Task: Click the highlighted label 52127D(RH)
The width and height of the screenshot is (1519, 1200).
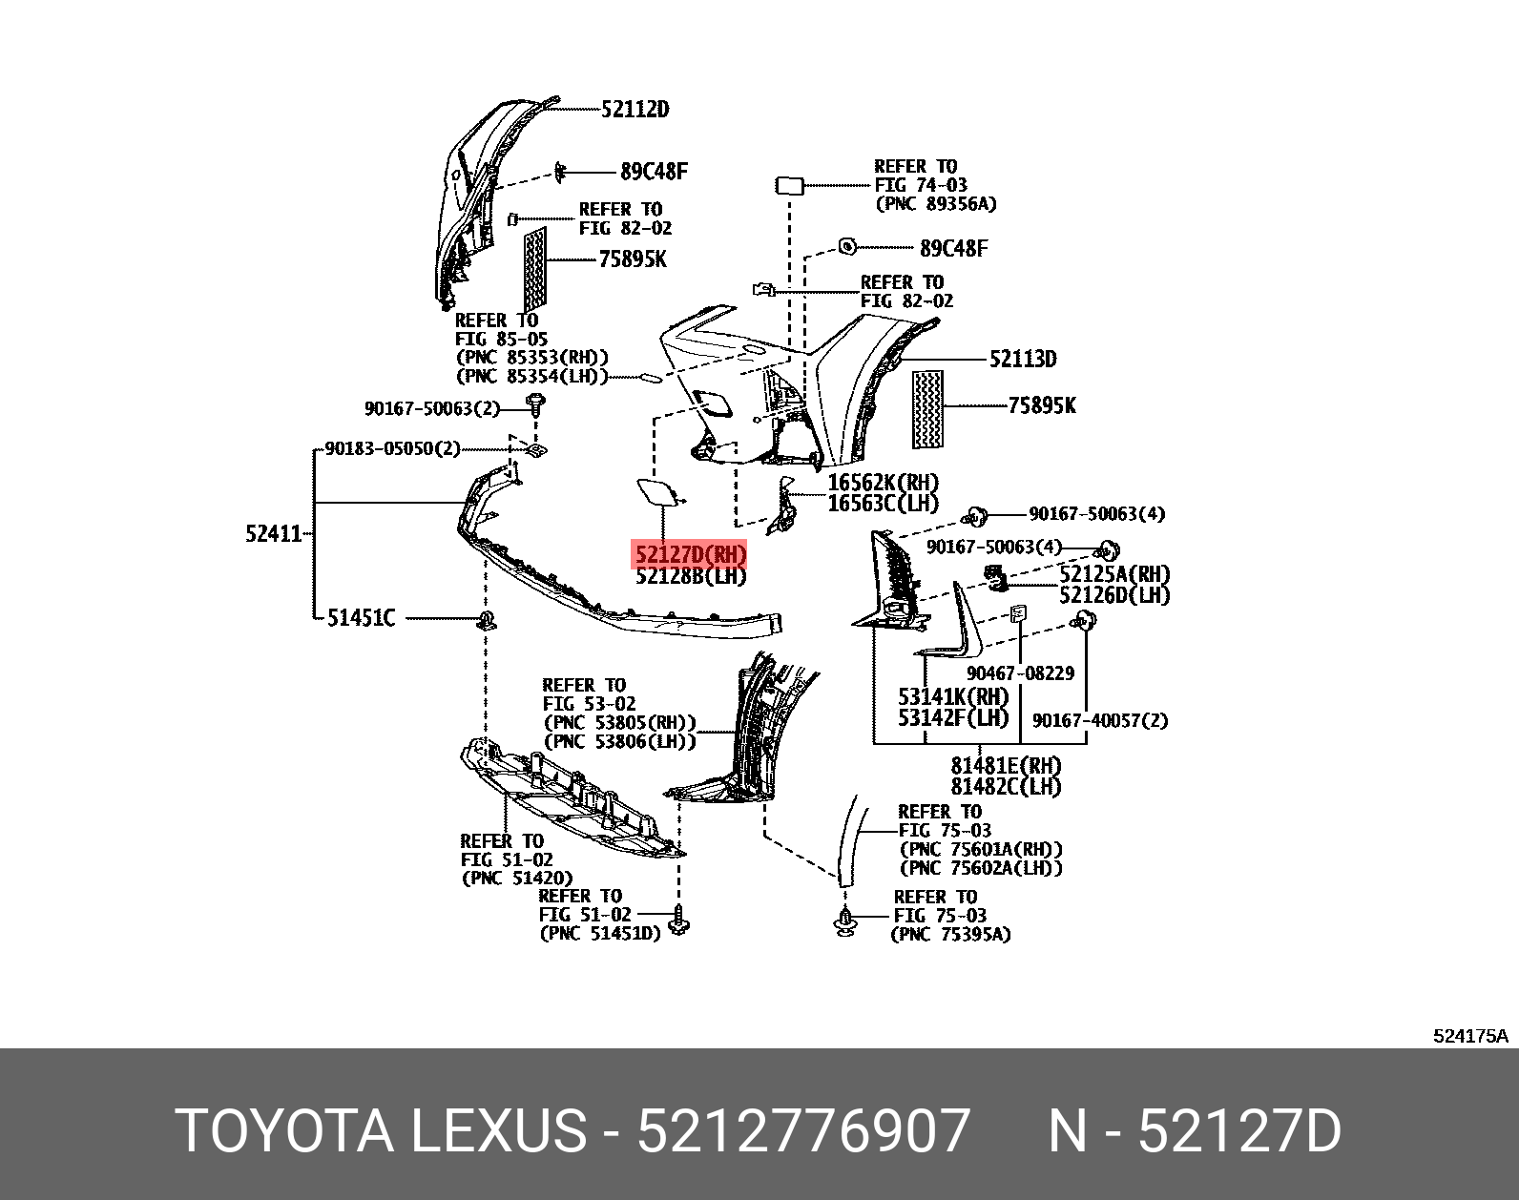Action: pyautogui.click(x=689, y=554)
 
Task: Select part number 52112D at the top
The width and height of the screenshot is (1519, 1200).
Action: pyautogui.click(x=635, y=109)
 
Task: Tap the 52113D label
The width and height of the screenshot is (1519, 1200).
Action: pyautogui.click(x=1023, y=359)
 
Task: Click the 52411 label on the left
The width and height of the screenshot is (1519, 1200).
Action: pyautogui.click(x=273, y=533)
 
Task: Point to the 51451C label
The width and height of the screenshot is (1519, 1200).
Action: pyautogui.click(x=361, y=618)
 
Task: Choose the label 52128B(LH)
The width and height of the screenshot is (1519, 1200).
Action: pyautogui.click(x=691, y=576)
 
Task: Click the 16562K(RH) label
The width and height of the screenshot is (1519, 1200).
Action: pyautogui.click(x=883, y=483)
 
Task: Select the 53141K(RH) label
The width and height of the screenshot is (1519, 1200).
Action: pyautogui.click(x=952, y=697)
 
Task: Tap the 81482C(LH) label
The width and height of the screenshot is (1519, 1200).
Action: pyautogui.click(x=1006, y=787)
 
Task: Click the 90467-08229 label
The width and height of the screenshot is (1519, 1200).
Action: pyautogui.click(x=1020, y=673)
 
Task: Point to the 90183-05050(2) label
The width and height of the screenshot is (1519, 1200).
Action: pyautogui.click(x=392, y=448)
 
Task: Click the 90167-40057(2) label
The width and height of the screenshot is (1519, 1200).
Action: pyautogui.click(x=1099, y=721)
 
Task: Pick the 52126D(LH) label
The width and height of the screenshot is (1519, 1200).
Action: pyautogui.click(x=1114, y=595)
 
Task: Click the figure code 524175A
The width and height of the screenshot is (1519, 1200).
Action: pyautogui.click(x=1469, y=1036)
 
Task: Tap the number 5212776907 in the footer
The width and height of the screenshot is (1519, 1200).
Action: pyautogui.click(x=803, y=1130)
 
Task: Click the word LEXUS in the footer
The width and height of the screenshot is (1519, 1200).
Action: pyautogui.click(x=498, y=1130)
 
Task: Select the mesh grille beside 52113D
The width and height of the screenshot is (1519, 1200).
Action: pyautogui.click(x=927, y=409)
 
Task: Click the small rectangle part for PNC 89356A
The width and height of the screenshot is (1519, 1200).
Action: pyautogui.click(x=789, y=185)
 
